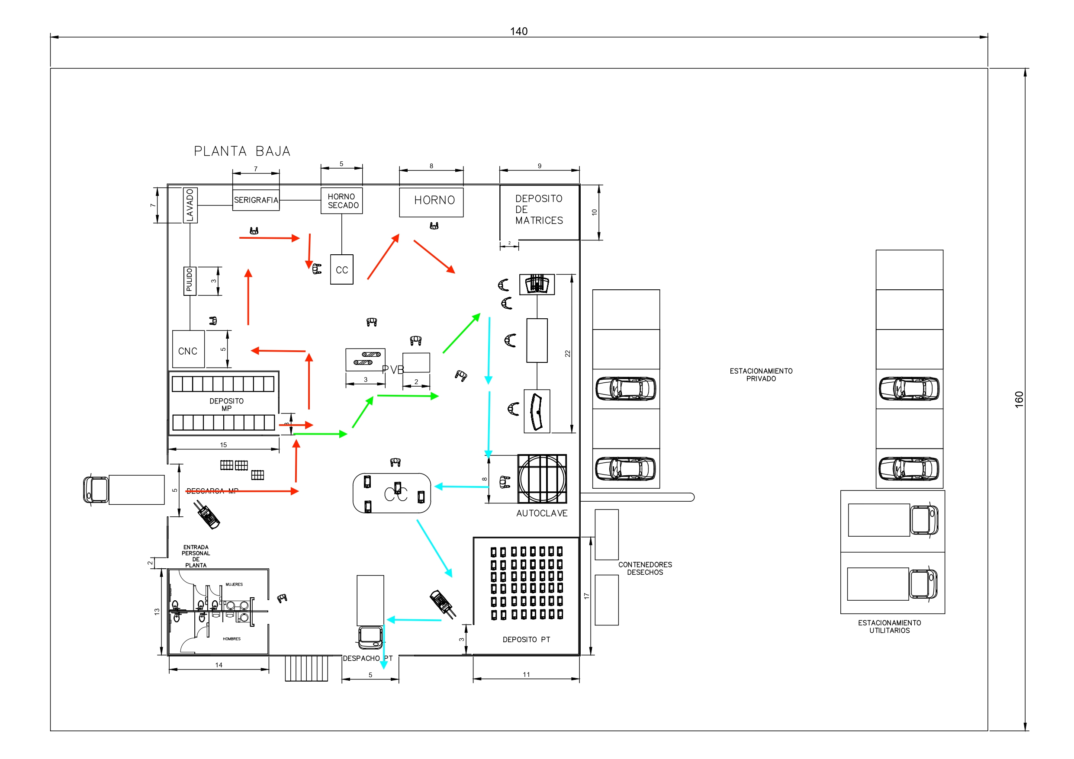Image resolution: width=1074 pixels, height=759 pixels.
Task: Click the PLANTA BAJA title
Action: tap(242, 151)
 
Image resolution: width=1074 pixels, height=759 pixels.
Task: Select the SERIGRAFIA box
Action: tap(256, 200)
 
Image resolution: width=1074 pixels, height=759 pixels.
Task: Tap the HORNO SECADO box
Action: tap(341, 201)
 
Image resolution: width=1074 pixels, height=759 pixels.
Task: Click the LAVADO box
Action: tap(190, 205)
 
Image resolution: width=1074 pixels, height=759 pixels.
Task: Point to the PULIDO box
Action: tap(190, 281)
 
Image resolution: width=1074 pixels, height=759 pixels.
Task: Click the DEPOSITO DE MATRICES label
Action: tap(539, 209)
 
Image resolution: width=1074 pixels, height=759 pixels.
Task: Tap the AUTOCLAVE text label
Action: tap(542, 513)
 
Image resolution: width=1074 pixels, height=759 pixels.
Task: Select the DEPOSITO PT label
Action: tap(526, 639)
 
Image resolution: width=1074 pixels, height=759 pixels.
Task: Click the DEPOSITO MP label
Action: tap(226, 404)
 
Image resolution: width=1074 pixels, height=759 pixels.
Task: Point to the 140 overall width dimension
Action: tap(518, 31)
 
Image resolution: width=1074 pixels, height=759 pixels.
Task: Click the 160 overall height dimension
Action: tap(1019, 399)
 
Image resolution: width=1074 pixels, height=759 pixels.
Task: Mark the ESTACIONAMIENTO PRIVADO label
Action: tap(761, 375)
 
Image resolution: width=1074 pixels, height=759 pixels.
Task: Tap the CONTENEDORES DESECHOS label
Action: tap(645, 568)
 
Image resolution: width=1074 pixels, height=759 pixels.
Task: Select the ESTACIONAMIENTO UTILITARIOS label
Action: tap(889, 626)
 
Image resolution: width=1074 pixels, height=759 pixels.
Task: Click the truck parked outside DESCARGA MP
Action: tap(124, 490)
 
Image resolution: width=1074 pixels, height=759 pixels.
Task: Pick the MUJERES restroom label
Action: tap(234, 584)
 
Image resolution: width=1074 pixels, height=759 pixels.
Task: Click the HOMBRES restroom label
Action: tap(232, 639)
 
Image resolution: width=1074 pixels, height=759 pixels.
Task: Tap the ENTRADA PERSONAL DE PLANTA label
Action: tap(196, 556)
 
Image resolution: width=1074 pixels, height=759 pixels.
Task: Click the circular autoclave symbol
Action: tap(542, 479)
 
